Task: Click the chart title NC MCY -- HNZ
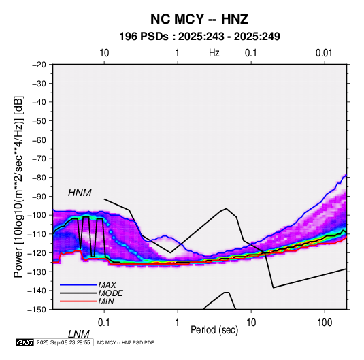click(x=199, y=19)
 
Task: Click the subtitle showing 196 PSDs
click(x=199, y=37)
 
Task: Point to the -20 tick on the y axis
click(x=39, y=65)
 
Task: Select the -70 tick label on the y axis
click(x=39, y=159)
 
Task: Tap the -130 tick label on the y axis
click(x=37, y=272)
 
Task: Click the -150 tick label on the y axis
click(x=37, y=310)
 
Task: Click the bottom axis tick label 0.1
click(x=104, y=323)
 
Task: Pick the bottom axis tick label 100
click(x=325, y=323)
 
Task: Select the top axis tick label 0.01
click(x=324, y=53)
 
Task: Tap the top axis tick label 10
click(x=104, y=53)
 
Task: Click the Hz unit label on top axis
click(x=214, y=53)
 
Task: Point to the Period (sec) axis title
click(x=214, y=330)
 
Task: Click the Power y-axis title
click(x=18, y=186)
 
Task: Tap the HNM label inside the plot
click(x=80, y=193)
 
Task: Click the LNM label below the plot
click(x=79, y=334)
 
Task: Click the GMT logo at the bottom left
click(x=25, y=342)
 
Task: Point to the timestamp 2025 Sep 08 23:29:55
click(x=63, y=342)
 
